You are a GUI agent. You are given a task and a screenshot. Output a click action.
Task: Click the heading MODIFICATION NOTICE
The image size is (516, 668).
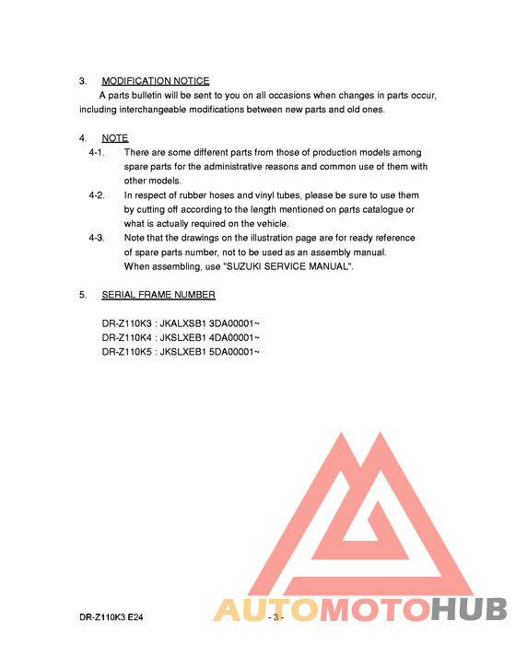[x=155, y=81]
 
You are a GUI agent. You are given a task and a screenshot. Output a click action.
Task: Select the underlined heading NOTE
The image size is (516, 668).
[x=115, y=138]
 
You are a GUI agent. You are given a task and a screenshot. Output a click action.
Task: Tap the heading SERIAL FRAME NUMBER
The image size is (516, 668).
[x=158, y=295]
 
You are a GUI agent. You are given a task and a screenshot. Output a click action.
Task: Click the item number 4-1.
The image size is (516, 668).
[x=97, y=152]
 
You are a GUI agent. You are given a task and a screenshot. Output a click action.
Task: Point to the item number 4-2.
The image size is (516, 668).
[x=97, y=195]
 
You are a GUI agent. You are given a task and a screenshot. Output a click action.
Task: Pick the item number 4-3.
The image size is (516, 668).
[x=97, y=238]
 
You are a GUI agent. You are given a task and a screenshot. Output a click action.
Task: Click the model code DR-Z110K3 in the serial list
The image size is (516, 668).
[x=127, y=323]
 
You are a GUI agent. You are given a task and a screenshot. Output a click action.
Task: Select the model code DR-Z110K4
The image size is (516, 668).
[x=127, y=337]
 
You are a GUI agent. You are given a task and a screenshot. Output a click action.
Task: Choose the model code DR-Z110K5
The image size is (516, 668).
[x=127, y=351]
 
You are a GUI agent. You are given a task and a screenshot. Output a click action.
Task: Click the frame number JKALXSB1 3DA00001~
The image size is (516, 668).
[x=211, y=323]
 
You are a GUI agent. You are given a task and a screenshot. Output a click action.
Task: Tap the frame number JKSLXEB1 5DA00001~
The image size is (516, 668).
[x=211, y=351]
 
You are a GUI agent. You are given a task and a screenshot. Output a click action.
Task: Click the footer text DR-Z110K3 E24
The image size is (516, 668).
[x=111, y=615]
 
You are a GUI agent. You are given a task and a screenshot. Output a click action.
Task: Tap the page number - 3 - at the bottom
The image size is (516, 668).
[x=275, y=615]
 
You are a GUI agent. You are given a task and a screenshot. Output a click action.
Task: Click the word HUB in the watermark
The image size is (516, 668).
[x=469, y=610]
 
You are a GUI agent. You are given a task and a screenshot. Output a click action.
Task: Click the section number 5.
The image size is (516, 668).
[x=83, y=295]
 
